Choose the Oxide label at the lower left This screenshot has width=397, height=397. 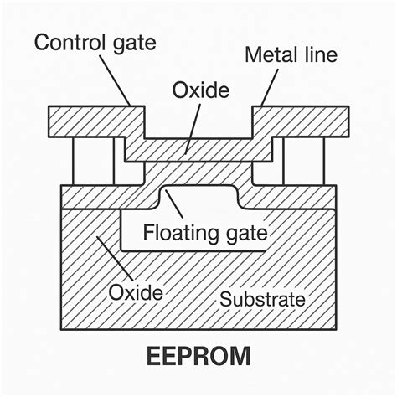(137, 292)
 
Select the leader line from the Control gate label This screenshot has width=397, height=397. (117, 80)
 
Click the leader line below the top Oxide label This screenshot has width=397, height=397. (193, 126)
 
